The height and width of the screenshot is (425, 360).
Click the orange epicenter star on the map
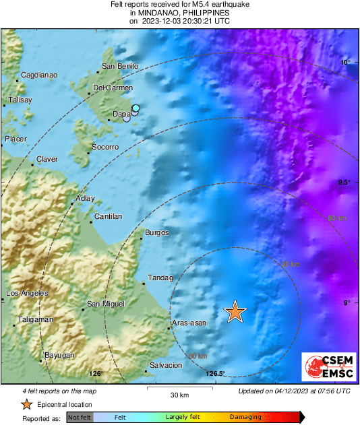point(235,311)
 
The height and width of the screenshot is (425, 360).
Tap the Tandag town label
point(160,277)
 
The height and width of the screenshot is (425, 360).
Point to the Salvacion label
point(166,365)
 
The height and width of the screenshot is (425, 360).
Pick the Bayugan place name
point(59,355)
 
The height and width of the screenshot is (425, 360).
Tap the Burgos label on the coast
point(157,233)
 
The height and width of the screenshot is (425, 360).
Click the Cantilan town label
point(109,216)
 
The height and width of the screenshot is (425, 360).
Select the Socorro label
point(105,147)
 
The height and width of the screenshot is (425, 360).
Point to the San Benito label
point(119,66)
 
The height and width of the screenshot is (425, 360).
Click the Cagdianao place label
point(39,75)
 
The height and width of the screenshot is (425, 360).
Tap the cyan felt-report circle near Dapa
point(136,108)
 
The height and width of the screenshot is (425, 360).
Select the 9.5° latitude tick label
point(344,183)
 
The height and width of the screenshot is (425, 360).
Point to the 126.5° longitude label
point(215,374)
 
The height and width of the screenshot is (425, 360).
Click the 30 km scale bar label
point(179,395)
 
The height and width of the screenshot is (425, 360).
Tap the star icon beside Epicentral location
point(26,404)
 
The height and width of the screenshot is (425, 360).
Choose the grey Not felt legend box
point(79,418)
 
